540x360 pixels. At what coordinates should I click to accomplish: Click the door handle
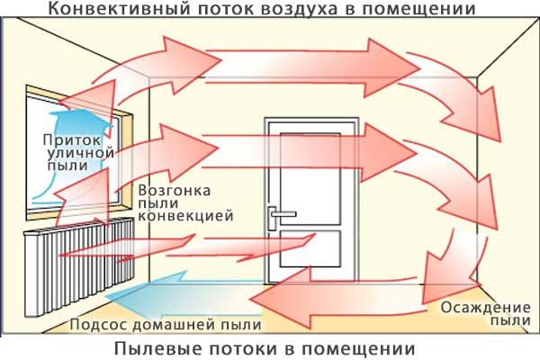coord(278,212)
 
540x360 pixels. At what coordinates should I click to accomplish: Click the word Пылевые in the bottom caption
coord(156,348)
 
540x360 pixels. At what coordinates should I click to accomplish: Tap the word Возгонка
coord(175,191)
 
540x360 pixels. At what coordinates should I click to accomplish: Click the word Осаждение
coord(477,307)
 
